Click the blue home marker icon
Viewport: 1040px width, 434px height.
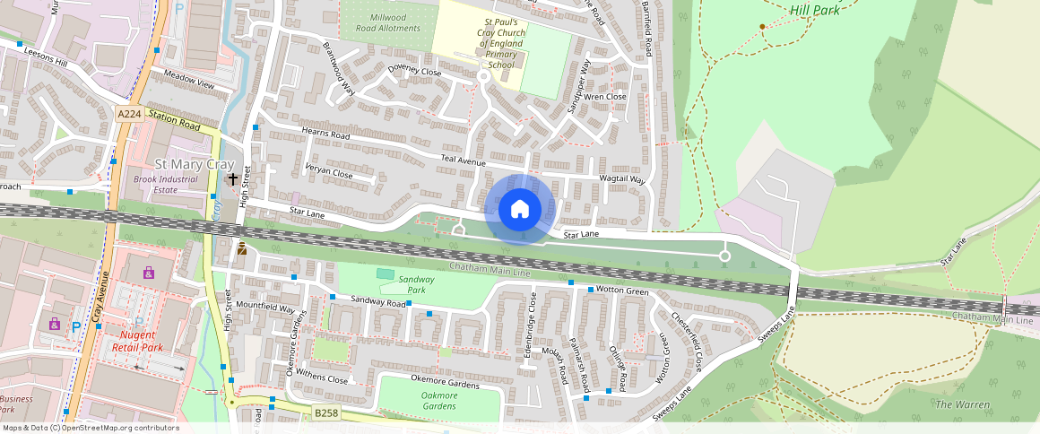519,210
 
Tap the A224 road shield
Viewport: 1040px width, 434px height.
128,113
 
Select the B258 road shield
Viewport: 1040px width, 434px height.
326,412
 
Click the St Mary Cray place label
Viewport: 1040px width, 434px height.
195,164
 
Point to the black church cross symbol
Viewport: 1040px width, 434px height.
233,178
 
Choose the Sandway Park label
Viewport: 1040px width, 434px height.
415,284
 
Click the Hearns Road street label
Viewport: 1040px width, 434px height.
325,134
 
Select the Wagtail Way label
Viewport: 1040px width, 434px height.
622,179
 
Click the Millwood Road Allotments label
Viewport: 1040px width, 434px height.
387,22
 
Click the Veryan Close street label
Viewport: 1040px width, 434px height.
327,172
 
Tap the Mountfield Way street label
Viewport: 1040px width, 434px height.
264,308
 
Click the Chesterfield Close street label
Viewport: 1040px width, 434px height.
686,342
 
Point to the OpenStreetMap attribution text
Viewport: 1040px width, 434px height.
91,428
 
